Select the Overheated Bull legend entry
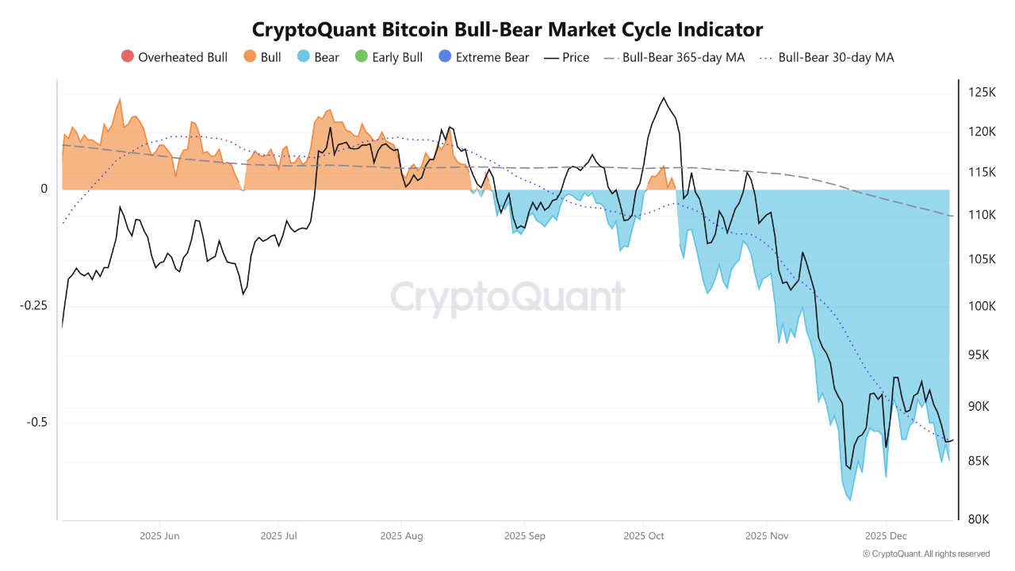174,57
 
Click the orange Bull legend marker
249,57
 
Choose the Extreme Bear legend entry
483,57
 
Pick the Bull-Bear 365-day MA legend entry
674,57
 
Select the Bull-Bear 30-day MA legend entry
827,57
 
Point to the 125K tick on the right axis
982,93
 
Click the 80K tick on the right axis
979,519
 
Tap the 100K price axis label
982,306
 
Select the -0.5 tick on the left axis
36,422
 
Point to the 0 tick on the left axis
44,189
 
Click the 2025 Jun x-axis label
159,536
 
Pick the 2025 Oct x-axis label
644,536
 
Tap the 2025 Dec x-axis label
887,536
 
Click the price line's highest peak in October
663,98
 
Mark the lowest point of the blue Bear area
849,500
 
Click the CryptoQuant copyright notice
925,554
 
